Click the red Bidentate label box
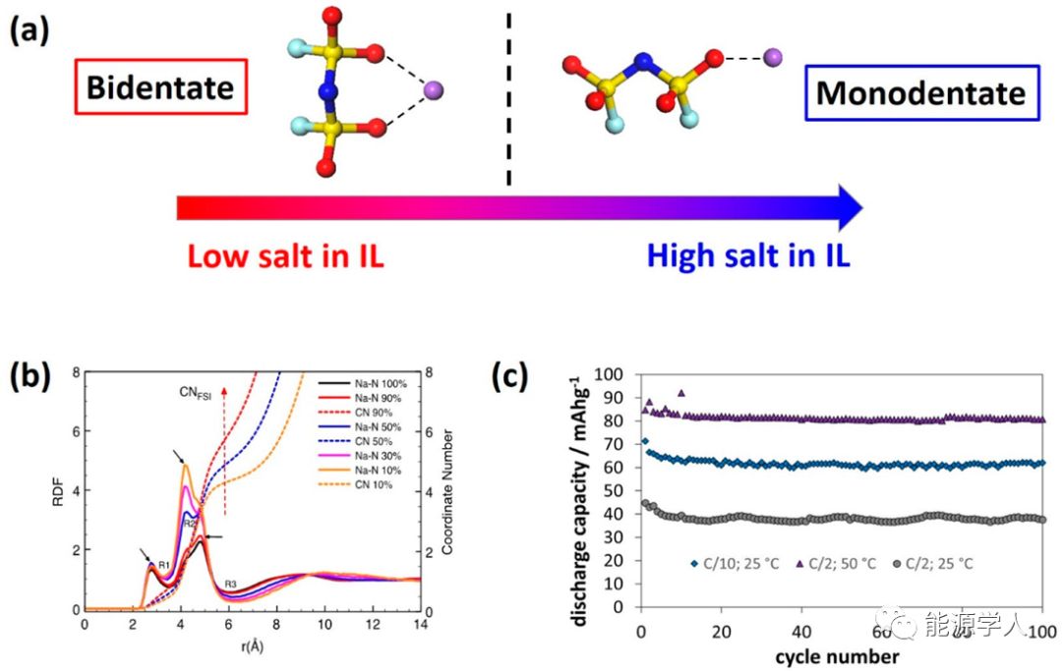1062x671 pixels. point(159,87)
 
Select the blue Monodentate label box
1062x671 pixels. point(921,93)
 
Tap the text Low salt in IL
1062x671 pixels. point(285,256)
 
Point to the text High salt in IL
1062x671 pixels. point(748,256)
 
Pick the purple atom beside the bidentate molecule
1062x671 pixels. point(433,92)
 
